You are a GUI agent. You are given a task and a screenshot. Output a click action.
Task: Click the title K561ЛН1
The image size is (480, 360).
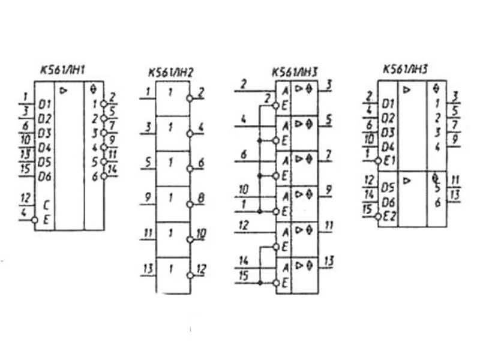(x=63, y=70)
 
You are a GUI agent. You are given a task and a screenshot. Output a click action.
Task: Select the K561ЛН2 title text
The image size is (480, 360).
(x=170, y=72)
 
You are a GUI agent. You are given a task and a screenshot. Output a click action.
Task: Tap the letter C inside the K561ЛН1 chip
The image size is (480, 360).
(x=46, y=206)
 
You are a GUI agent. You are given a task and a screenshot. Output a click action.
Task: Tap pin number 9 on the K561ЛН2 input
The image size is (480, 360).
(x=146, y=196)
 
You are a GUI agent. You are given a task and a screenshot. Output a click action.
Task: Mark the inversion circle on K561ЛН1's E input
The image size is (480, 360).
(x=34, y=220)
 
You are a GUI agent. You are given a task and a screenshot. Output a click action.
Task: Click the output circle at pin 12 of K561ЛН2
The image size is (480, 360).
(x=190, y=275)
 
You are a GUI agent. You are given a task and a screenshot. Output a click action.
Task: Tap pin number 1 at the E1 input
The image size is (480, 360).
(x=368, y=154)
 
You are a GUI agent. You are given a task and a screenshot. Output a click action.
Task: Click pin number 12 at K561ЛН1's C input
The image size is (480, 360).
(x=25, y=198)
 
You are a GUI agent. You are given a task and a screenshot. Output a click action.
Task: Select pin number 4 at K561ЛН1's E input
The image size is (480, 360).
(x=23, y=212)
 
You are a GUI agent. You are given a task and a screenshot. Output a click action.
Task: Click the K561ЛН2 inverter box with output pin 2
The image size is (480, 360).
(x=173, y=98)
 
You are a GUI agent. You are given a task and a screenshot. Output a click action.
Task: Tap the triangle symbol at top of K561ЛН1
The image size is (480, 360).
(x=64, y=91)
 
